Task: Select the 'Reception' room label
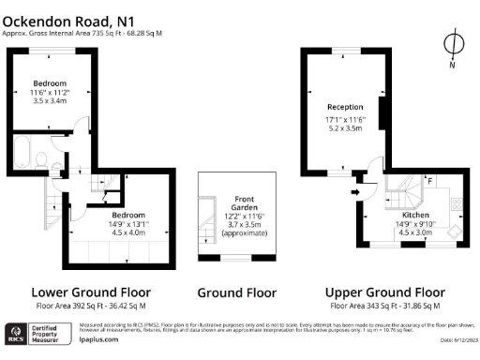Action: tap(344, 107)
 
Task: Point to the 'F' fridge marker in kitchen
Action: tap(430, 179)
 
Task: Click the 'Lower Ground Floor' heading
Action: tap(91, 292)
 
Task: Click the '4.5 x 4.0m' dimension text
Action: tap(128, 232)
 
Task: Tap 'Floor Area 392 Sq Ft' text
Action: tap(69, 306)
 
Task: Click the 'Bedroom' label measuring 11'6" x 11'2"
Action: tap(51, 81)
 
